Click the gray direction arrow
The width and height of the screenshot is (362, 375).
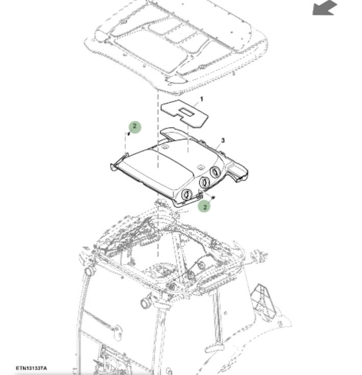tap(325, 8)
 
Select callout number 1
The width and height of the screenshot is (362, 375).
tap(202, 99)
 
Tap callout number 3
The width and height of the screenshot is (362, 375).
tap(223, 140)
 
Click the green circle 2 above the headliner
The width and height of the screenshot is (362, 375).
tap(135, 127)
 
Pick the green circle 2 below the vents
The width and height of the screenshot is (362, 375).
tap(205, 207)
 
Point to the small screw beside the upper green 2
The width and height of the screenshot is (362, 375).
tap(129, 134)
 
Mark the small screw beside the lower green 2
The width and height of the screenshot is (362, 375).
tap(213, 197)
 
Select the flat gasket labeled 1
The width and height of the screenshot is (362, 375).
tap(184, 113)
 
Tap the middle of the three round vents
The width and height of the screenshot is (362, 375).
tap(204, 182)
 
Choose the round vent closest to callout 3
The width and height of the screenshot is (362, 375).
tap(215, 172)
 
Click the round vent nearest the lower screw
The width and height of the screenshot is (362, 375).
tap(187, 194)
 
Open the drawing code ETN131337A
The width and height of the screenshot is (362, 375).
tap(31, 368)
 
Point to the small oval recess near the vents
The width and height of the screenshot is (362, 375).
tap(200, 168)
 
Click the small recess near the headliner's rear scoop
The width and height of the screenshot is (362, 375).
tap(165, 146)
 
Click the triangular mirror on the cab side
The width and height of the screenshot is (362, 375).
tap(263, 302)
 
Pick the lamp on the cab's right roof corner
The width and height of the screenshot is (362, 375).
tap(259, 256)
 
